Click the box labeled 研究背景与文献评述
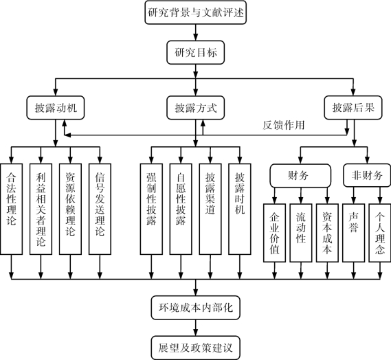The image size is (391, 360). (195, 12)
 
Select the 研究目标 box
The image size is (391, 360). (195, 53)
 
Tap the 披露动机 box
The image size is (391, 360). (56, 108)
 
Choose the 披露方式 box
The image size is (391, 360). (195, 108)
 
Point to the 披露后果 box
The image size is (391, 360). (353, 107)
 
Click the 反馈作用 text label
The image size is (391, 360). (284, 125)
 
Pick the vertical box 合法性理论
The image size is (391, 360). (11, 209)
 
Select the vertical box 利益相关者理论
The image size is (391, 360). (41, 209)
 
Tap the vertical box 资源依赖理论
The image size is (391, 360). (70, 209)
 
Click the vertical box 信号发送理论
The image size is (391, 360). (100, 209)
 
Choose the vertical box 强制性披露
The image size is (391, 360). (151, 209)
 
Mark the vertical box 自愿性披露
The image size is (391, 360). (181, 209)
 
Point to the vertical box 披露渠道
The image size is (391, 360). (210, 209)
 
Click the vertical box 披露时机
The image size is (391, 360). (240, 209)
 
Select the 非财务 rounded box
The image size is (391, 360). (367, 175)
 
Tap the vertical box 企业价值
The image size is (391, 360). (275, 233)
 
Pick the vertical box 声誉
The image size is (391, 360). (354, 233)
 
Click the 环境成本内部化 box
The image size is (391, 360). (195, 308)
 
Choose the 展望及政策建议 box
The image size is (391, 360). (195, 348)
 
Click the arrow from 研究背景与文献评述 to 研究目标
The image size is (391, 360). (195, 33)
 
